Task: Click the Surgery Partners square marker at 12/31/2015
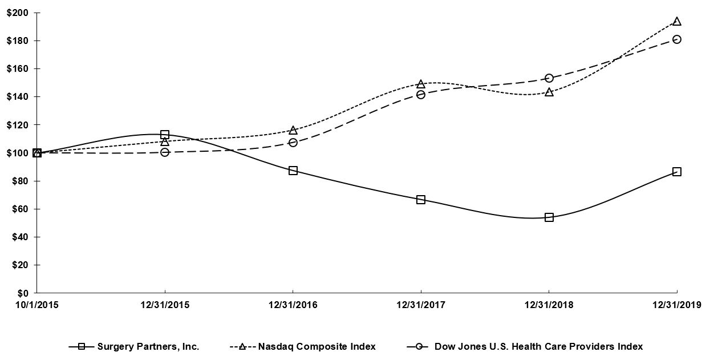(165, 135)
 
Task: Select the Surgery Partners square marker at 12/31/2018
(549, 217)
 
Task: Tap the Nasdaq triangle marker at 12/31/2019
(676, 22)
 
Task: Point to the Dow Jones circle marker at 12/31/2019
(676, 39)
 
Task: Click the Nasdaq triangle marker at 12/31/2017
(421, 84)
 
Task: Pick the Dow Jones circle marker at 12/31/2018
(549, 78)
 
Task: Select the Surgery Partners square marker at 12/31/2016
(293, 171)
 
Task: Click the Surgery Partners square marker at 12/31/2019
(676, 172)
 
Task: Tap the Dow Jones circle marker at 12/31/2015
(165, 152)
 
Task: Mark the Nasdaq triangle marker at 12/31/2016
(293, 131)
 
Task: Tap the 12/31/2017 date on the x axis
(421, 305)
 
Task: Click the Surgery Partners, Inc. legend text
(148, 346)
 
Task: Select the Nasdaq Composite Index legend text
(317, 346)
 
